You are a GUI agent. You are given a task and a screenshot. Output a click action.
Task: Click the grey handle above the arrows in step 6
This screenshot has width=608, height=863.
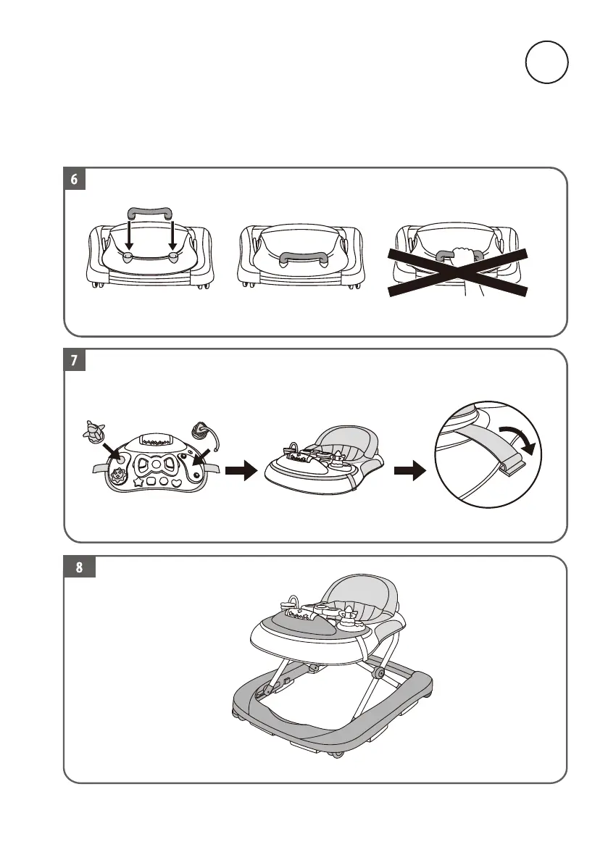coord(151,213)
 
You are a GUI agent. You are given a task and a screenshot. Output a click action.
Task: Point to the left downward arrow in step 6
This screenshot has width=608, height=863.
coord(128,238)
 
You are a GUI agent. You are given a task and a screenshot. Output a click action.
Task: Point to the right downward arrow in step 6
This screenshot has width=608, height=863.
coord(173,238)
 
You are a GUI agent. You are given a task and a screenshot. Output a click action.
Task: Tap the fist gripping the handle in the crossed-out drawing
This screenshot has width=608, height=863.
coord(462,256)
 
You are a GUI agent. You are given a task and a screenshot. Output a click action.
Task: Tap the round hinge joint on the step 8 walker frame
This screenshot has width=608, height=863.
coord(378,674)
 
